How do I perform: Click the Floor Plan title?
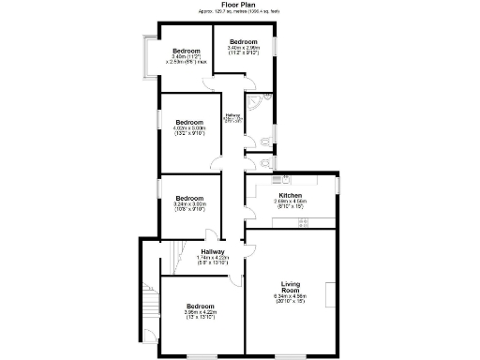pos(239,5)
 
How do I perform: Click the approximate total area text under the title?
pos(239,11)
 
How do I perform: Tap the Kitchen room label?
pos(290,195)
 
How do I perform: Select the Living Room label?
pos(291,288)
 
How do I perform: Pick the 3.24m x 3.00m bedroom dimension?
pos(189,205)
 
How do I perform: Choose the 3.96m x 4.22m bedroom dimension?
pos(200,315)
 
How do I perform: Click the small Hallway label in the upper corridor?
pos(232,117)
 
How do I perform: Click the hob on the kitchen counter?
pos(304,222)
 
